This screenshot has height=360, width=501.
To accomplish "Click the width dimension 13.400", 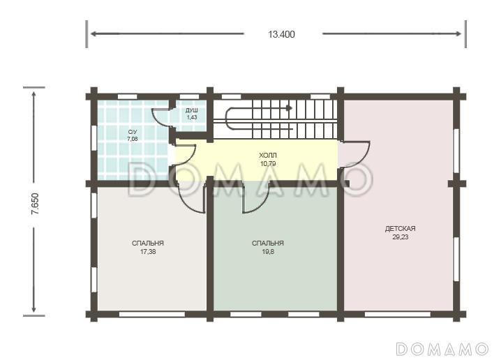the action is (x=281, y=34).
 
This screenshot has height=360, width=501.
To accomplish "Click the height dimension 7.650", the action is (x=35, y=204).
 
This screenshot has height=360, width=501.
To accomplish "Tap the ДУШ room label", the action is (x=192, y=110).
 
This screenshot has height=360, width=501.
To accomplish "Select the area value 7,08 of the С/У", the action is (x=133, y=139).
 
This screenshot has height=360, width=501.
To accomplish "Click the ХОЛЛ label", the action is (x=268, y=156).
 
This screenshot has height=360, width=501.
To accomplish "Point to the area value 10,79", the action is (x=268, y=164).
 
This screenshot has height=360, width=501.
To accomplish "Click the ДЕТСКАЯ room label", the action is (x=400, y=229).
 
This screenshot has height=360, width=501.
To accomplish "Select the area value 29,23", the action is (x=400, y=237).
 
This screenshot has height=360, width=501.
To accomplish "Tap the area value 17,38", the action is (x=148, y=252).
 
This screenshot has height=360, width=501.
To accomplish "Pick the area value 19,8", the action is (x=268, y=252).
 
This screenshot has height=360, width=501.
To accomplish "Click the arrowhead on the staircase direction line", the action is (x=289, y=107).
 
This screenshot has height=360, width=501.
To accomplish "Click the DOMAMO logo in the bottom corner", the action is (x=442, y=349).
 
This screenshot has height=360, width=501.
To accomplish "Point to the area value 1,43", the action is (x=192, y=117).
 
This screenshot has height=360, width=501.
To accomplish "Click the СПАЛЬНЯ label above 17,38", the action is (x=148, y=243).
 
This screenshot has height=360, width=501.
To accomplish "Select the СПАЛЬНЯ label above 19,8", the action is (x=268, y=243).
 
